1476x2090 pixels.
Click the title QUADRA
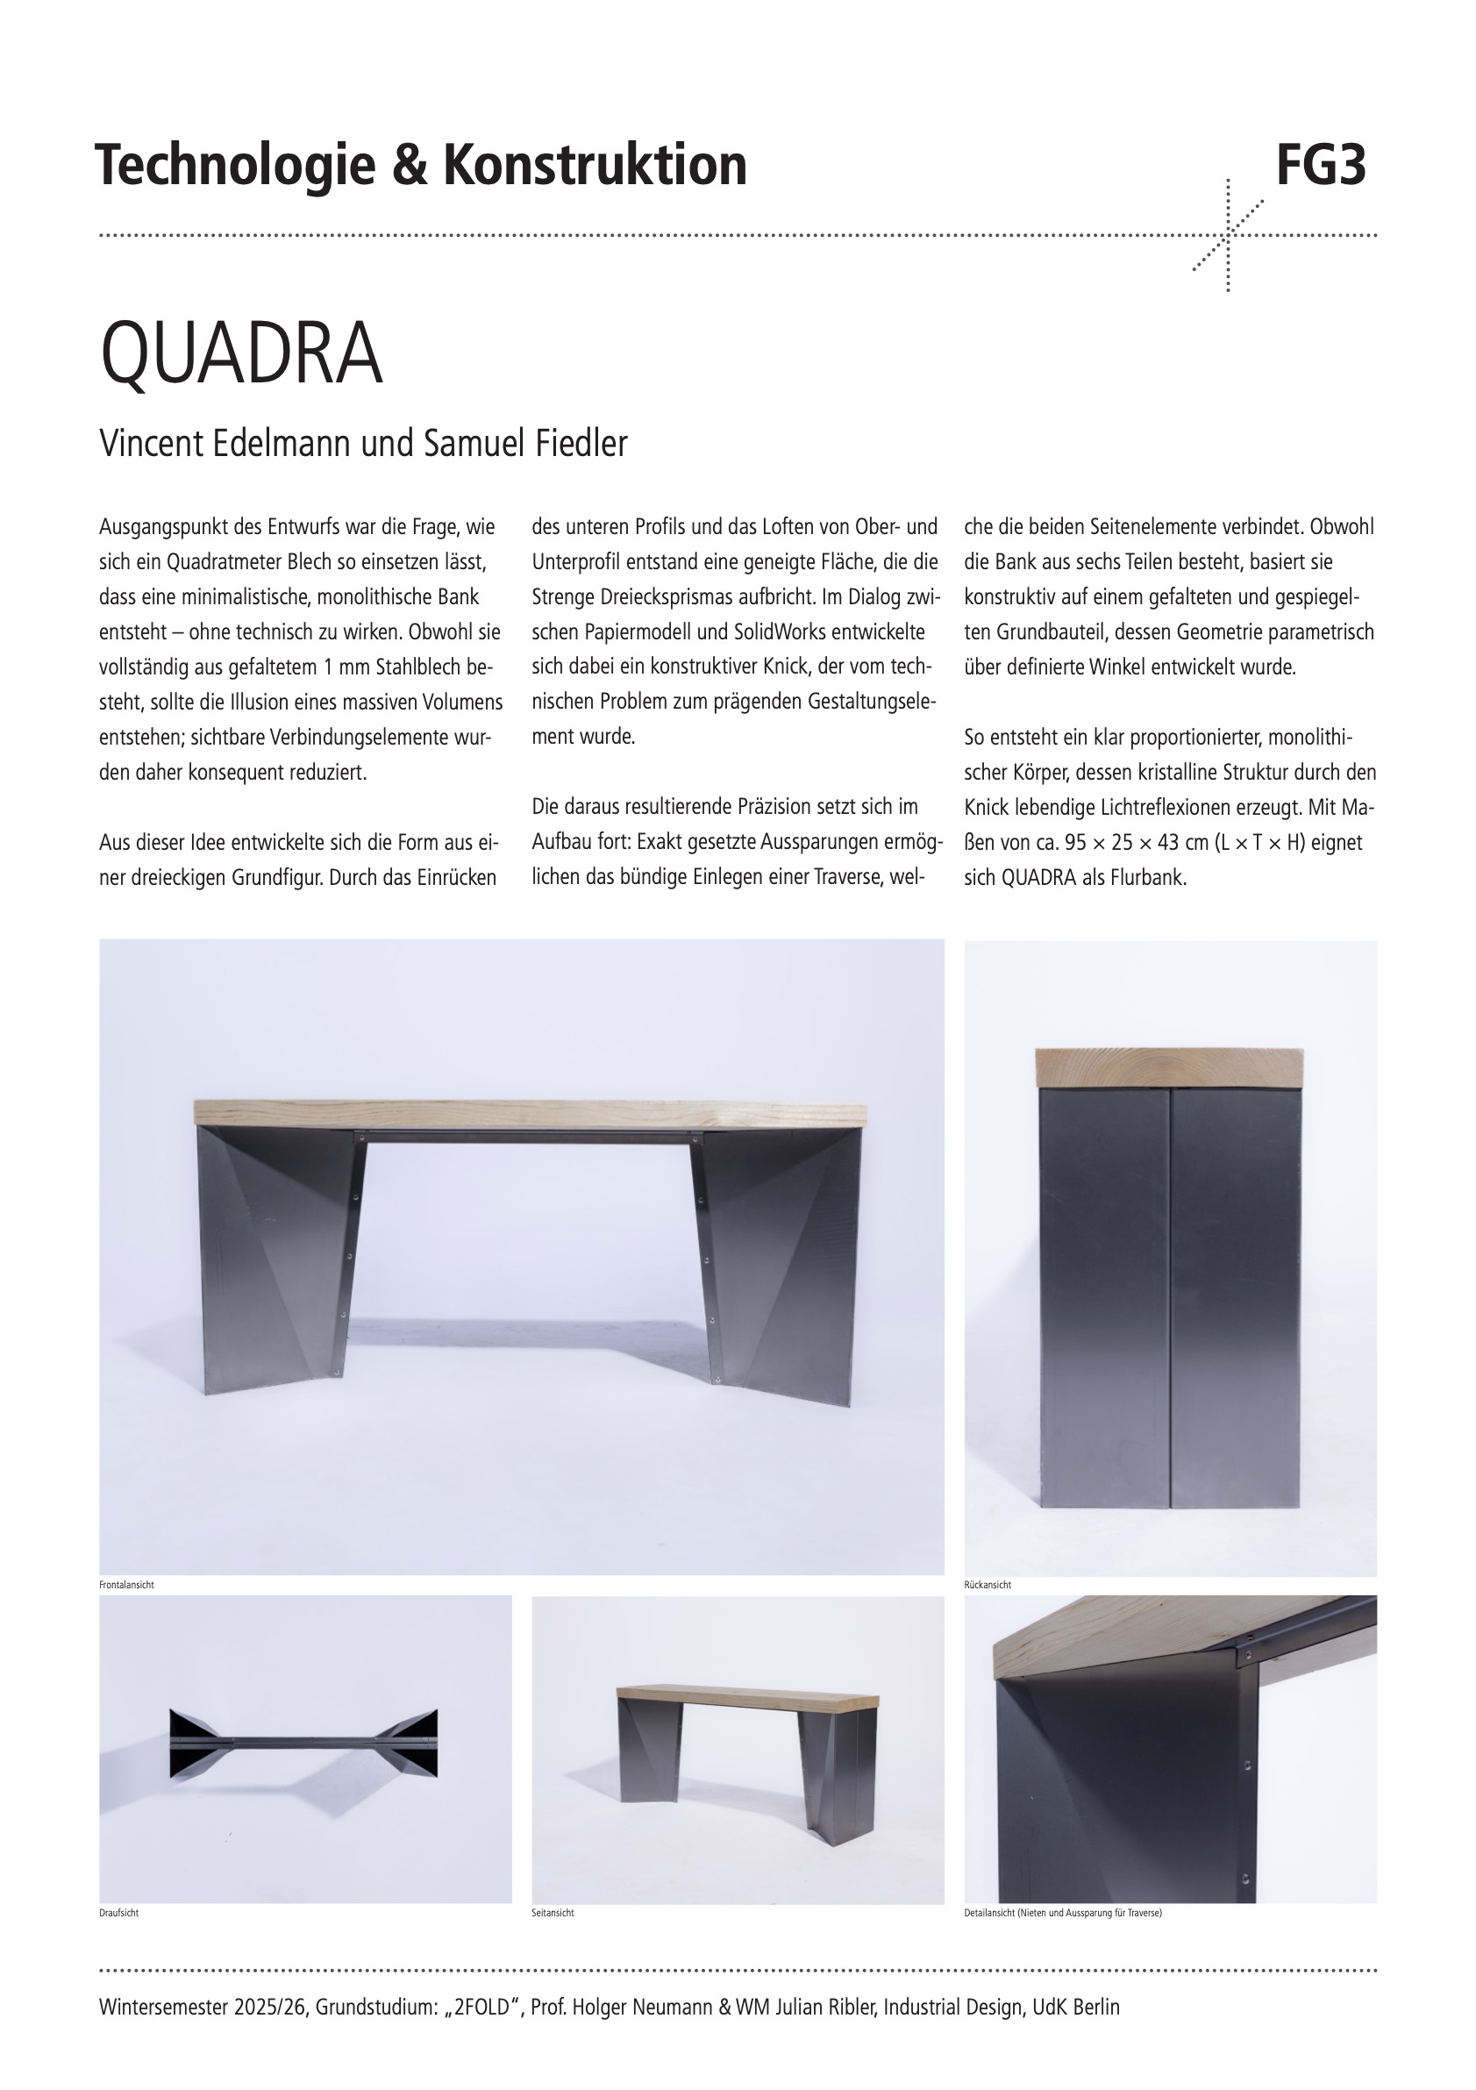[x=241, y=353]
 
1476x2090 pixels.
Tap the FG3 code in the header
[x=1321, y=166]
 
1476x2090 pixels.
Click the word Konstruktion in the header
[x=595, y=166]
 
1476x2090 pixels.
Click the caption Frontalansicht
[x=126, y=1585]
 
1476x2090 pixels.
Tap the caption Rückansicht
[x=988, y=1585]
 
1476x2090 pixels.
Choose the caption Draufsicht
[x=118, y=1913]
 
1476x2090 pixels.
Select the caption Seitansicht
[x=553, y=1913]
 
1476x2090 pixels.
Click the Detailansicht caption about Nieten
[x=1063, y=1913]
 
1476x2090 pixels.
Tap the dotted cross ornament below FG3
[x=1228, y=236]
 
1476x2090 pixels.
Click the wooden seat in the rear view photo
[x=1170, y=1066]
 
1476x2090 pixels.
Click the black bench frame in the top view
[x=304, y=1744]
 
